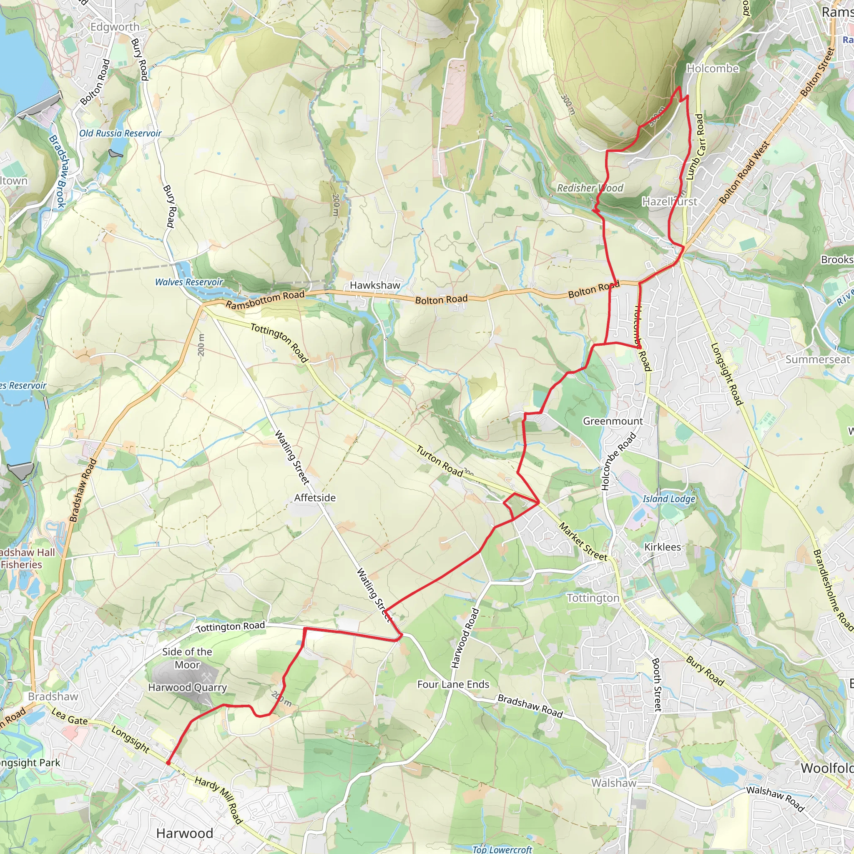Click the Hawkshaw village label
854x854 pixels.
point(375,285)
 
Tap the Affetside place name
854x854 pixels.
point(315,498)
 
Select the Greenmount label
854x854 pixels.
point(613,421)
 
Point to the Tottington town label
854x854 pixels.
point(593,598)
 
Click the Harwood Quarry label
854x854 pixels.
point(187,687)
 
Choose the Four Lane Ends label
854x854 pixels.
point(453,684)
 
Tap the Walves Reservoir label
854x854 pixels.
point(189,282)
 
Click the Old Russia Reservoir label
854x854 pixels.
point(120,133)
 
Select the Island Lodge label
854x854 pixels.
point(669,499)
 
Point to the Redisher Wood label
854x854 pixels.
point(590,188)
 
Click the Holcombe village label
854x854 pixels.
point(712,68)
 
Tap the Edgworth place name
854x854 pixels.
point(115,27)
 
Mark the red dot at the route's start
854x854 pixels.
point(168,763)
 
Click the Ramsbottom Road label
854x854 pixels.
point(265,300)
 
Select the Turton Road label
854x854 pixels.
point(440,462)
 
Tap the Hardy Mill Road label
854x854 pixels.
point(219,800)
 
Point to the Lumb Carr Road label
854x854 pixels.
point(695,147)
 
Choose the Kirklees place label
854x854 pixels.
point(662,547)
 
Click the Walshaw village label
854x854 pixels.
point(613,783)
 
